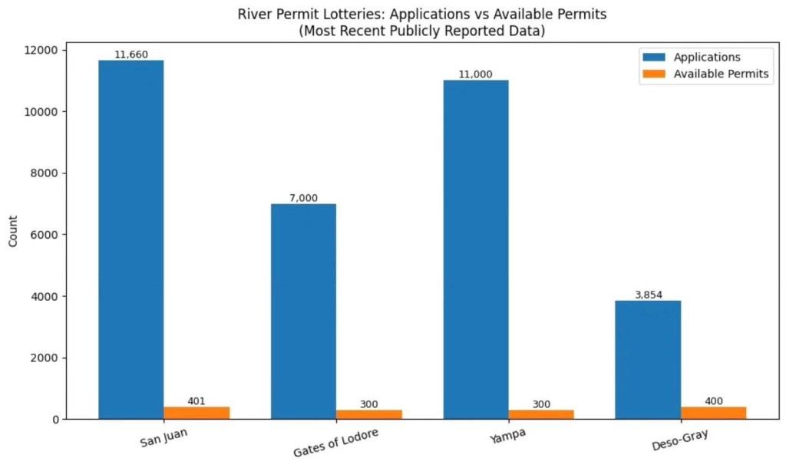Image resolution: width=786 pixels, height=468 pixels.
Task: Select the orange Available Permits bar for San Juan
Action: coord(196,413)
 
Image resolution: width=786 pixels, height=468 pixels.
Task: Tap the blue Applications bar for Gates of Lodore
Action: coord(303,311)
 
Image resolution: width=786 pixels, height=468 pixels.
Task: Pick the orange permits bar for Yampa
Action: coord(541,414)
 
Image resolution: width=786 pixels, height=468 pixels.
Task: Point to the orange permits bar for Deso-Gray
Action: coord(713,413)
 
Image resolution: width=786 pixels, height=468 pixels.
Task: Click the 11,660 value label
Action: coord(130,54)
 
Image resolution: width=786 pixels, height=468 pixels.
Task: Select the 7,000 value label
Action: coord(303,198)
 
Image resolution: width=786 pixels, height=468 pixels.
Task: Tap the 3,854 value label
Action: coord(647,295)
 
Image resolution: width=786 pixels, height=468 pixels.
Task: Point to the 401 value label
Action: coord(196,401)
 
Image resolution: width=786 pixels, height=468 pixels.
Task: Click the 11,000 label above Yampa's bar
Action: coord(475,74)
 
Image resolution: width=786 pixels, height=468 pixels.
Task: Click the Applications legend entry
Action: coord(706,57)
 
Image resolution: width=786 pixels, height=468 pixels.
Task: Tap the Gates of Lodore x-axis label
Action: coord(336,442)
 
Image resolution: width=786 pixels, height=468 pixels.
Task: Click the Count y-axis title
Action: coord(13,234)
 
